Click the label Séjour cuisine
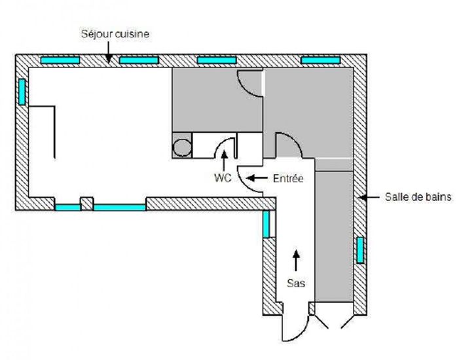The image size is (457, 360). point(115,33)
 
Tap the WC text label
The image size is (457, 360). point(223,177)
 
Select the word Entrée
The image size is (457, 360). point(289,177)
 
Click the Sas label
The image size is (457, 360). point(297,283)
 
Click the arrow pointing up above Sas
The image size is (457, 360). point(297,261)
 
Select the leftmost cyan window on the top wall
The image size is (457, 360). point(60,60)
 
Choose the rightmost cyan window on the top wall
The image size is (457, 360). point(321,60)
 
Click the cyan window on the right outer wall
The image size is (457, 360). point(360,250)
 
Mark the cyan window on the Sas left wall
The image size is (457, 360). point(266,225)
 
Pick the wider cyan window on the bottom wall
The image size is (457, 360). point(119,207)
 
